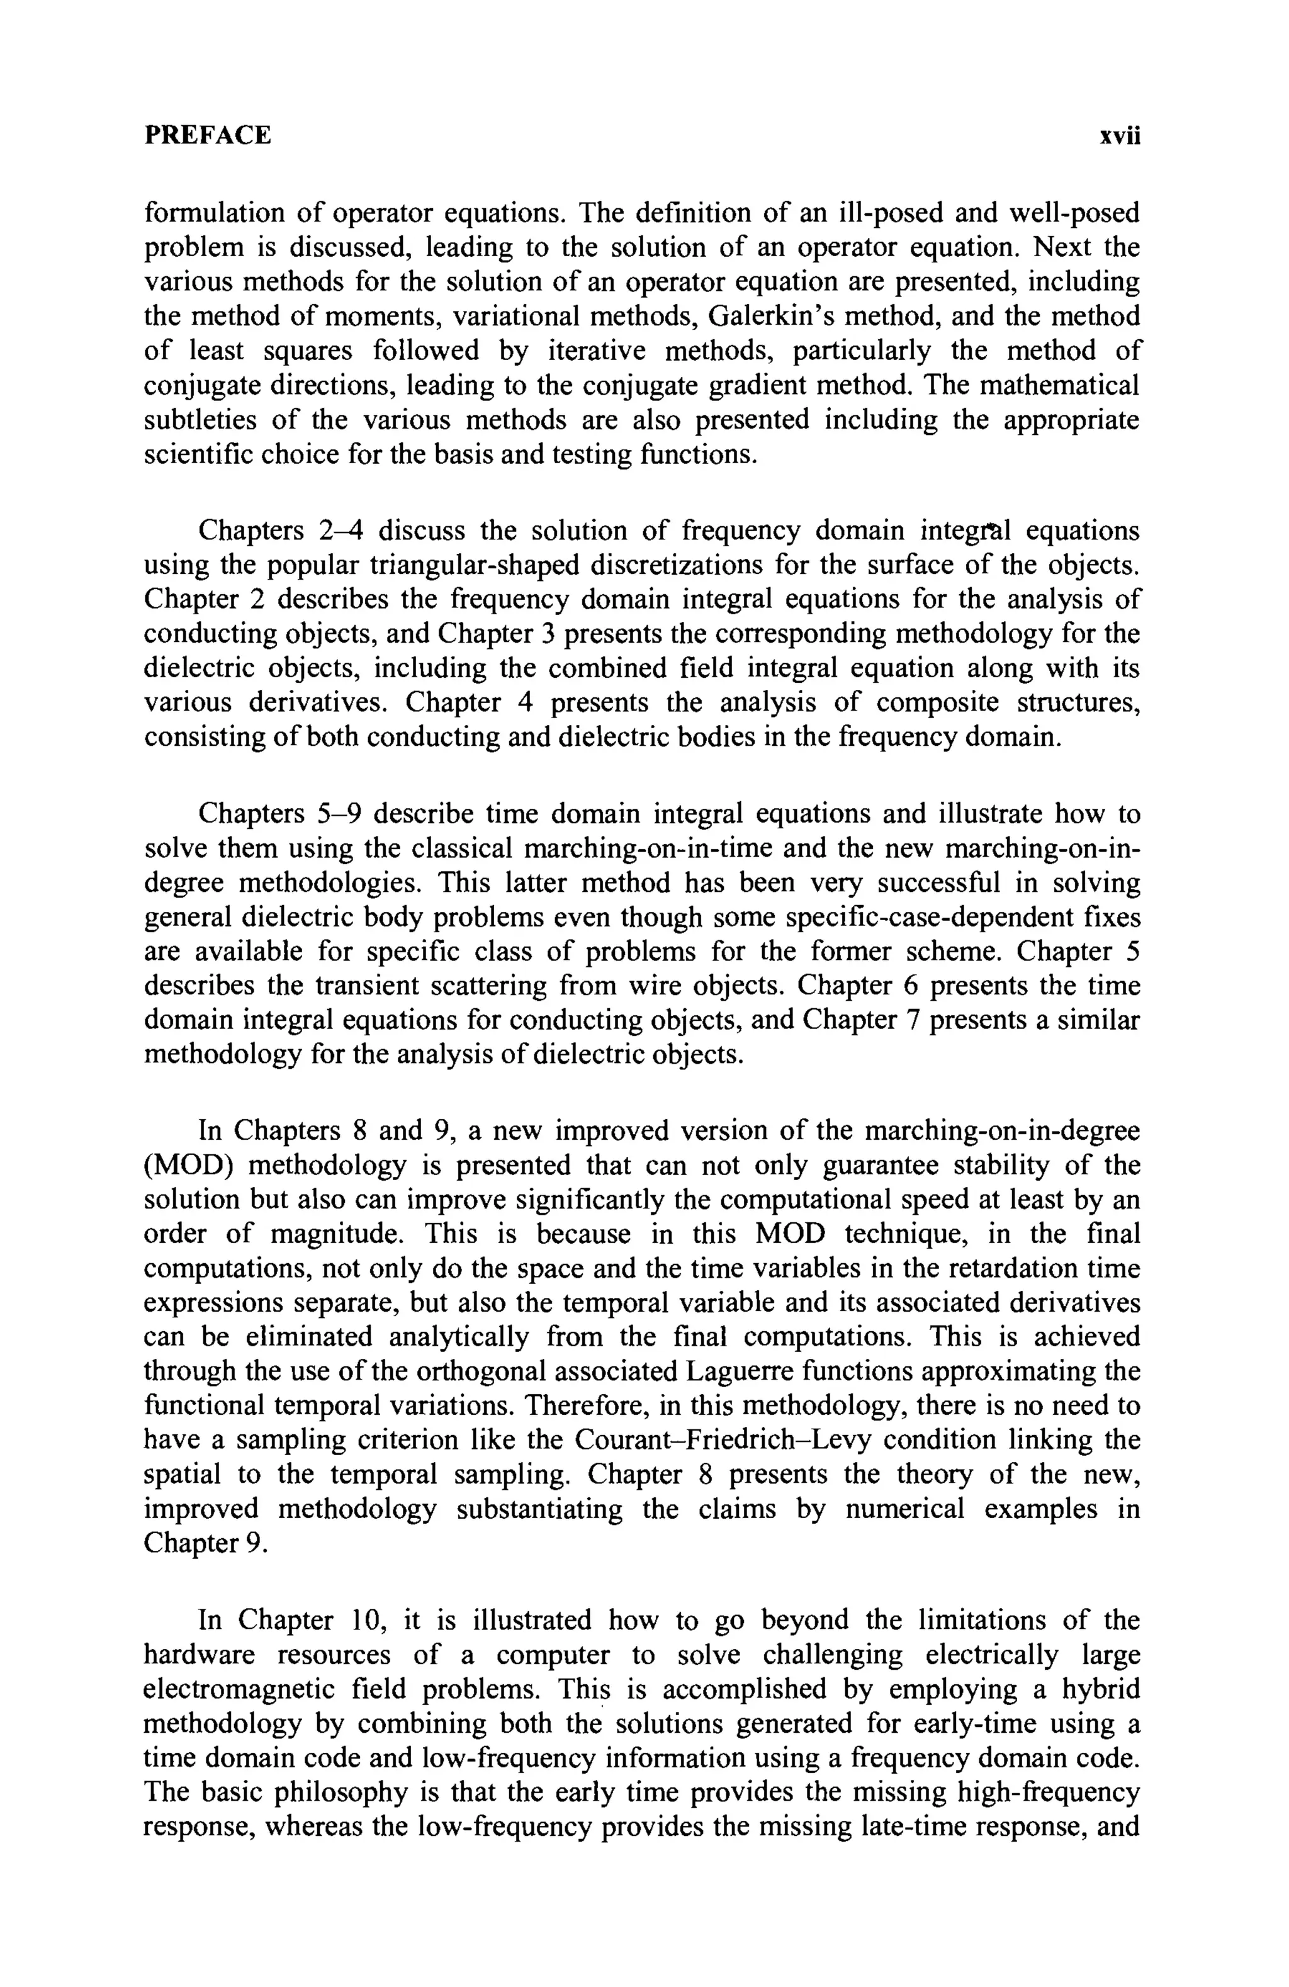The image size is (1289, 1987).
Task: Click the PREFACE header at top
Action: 207,135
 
